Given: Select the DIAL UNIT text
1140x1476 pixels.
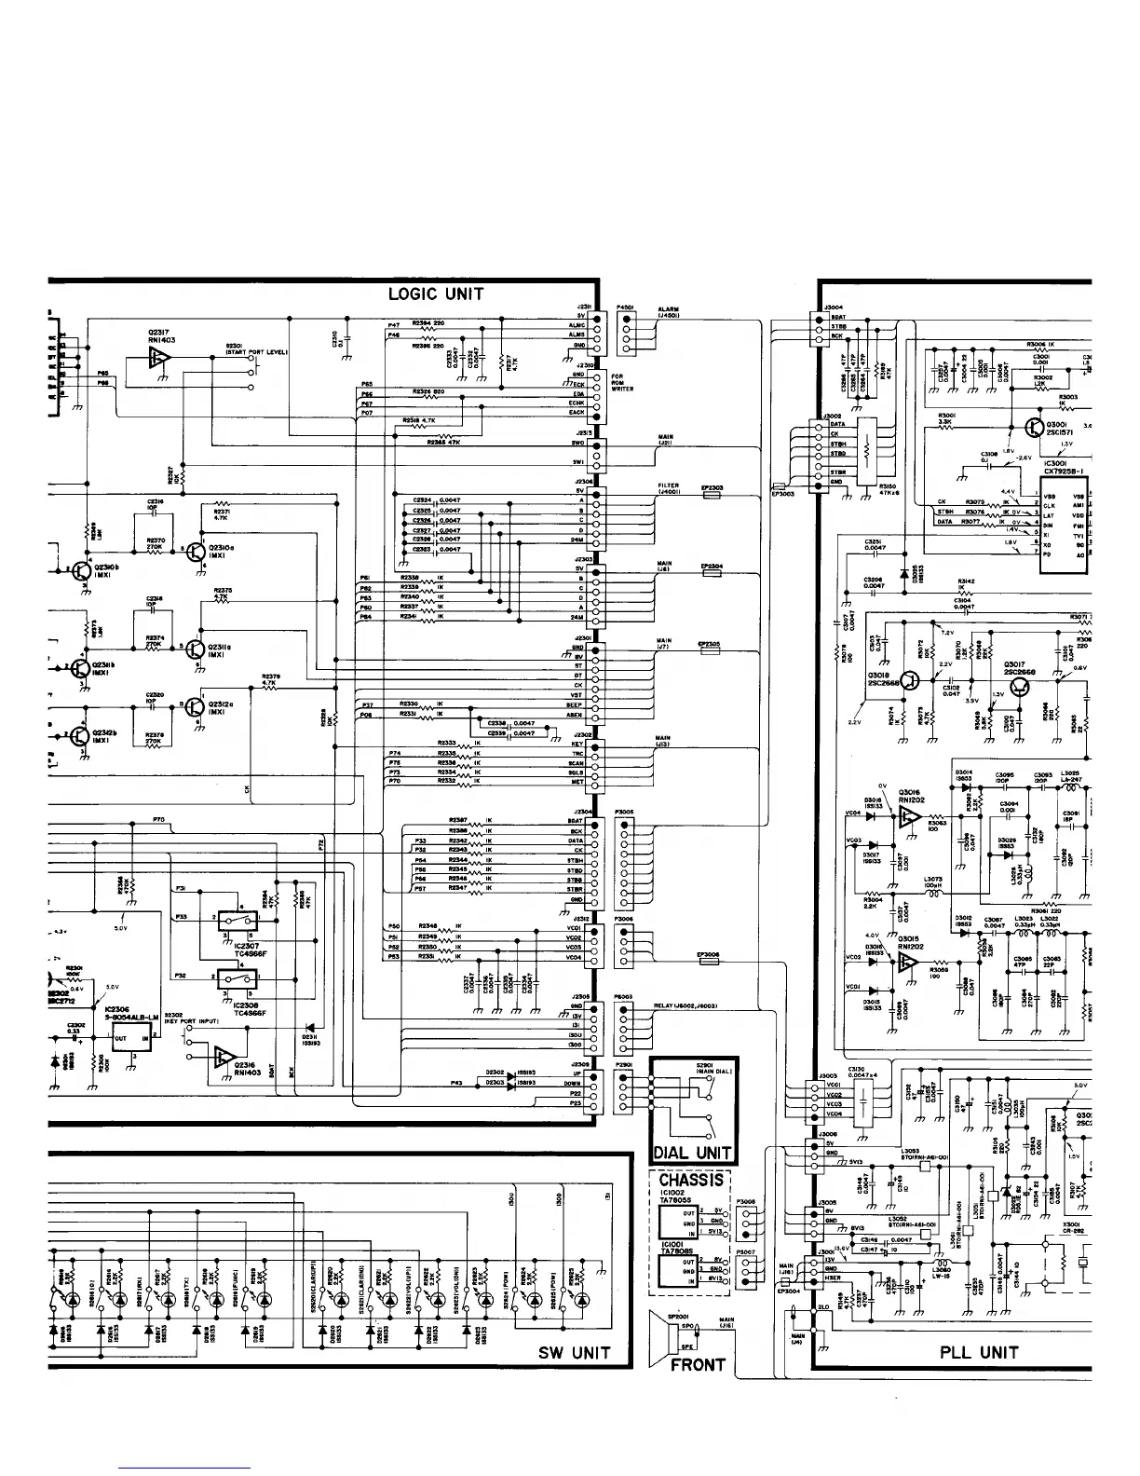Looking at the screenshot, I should pyautogui.click(x=693, y=1154).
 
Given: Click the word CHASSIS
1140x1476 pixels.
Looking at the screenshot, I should pyautogui.click(x=690, y=1180).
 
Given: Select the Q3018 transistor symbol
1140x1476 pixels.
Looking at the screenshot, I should pyautogui.click(x=910, y=682).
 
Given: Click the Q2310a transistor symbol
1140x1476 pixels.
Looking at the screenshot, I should pyautogui.click(x=196, y=552).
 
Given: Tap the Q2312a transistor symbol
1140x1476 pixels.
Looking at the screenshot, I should pyautogui.click(x=195, y=706).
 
